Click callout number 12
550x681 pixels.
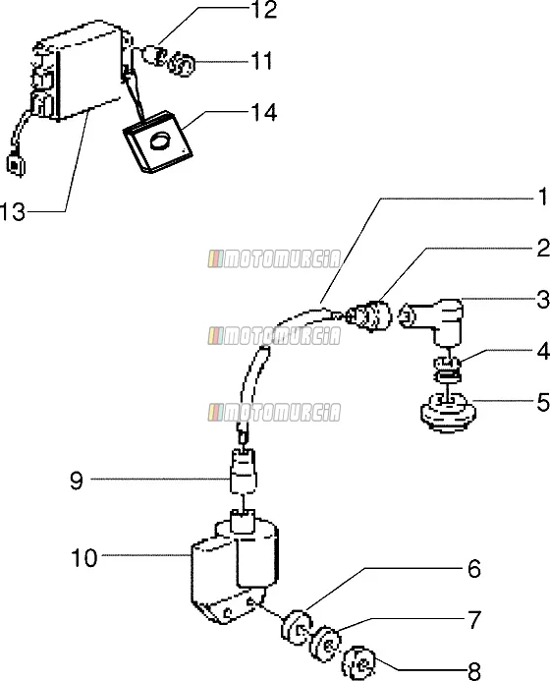pyautogui.click(x=264, y=11)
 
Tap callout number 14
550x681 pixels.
pyautogui.click(x=264, y=112)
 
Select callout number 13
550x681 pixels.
pyautogui.click(x=13, y=212)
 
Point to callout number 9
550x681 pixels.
pyautogui.click(x=77, y=481)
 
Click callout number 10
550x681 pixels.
pyautogui.click(x=84, y=557)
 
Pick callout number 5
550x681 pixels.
pyautogui.click(x=543, y=402)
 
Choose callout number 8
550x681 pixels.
pyautogui.click(x=474, y=671)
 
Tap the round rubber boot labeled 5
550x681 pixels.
pyautogui.click(x=448, y=413)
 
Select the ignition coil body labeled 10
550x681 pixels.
pyautogui.click(x=235, y=572)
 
